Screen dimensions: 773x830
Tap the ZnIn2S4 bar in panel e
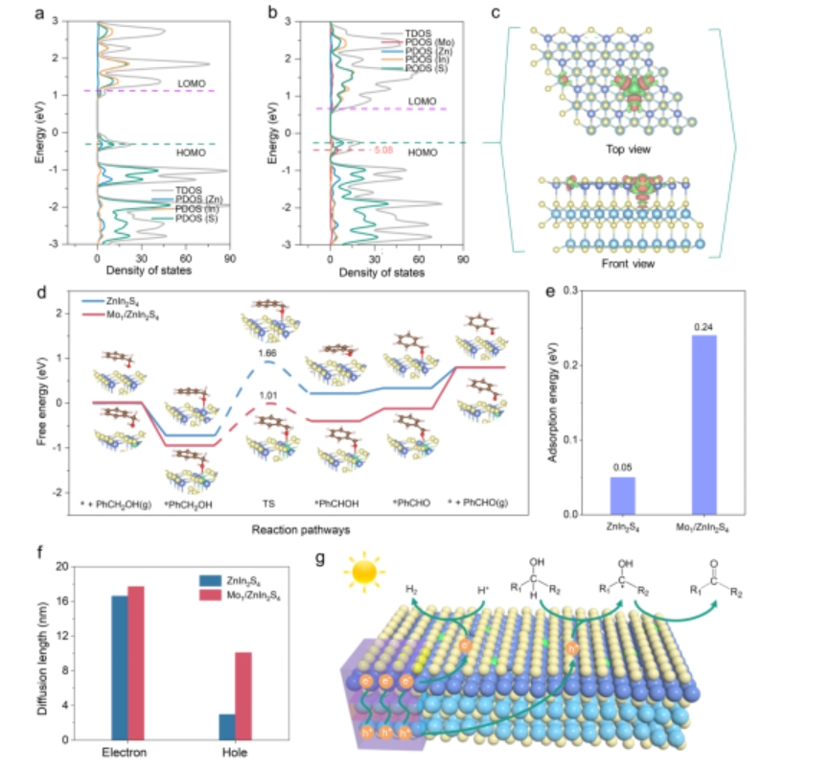[622, 495]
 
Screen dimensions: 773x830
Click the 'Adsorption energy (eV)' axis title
[553, 399]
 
